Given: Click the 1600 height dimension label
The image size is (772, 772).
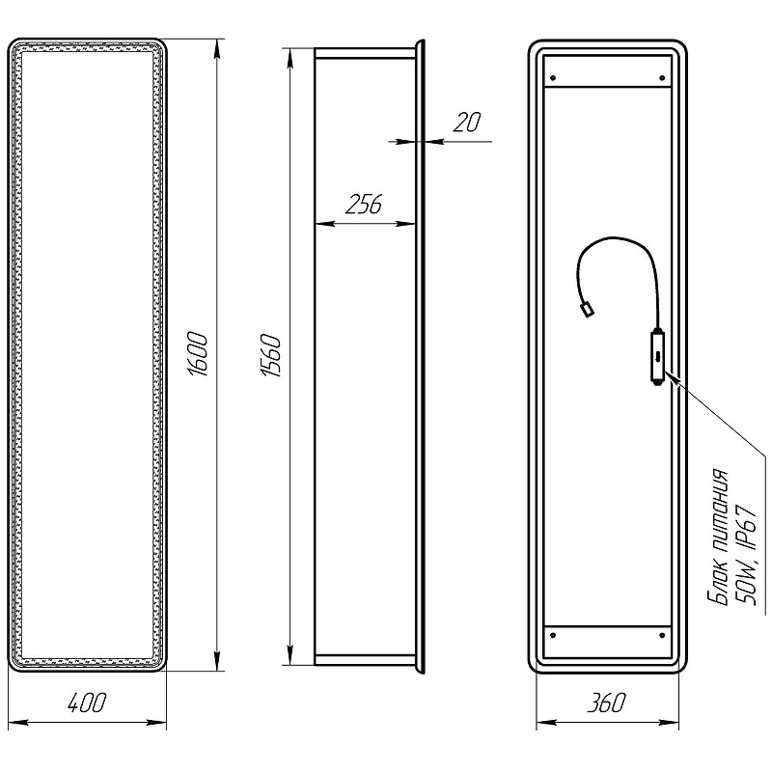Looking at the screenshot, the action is coord(198,354).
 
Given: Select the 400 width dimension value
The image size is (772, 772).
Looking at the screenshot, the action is coord(87,703).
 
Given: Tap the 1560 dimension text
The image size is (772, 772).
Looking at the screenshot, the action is coord(271,355).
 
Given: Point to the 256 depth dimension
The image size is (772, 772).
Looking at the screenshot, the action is coord(364,205).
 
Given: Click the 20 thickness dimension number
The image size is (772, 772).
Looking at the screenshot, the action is coord(467,123).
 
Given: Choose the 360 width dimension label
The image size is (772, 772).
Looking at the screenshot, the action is coord(607,703).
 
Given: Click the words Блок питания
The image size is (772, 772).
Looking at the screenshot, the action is coord(718,537).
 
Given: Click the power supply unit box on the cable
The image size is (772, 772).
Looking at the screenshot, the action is coord(657,357).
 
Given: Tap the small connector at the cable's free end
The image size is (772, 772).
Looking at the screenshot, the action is coord(587,310).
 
